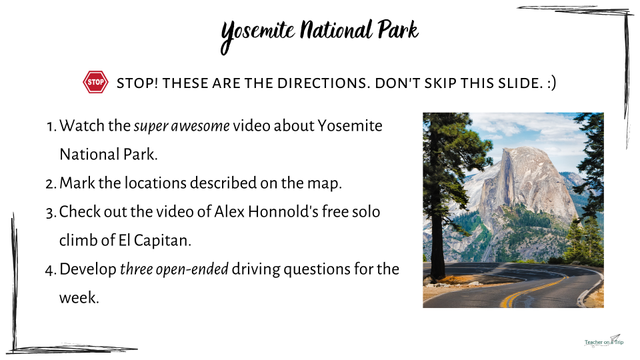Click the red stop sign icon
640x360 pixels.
click(95, 82)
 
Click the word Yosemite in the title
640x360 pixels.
click(257, 34)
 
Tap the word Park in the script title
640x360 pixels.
click(398, 30)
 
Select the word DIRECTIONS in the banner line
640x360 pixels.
click(324, 83)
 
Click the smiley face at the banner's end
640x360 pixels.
click(551, 83)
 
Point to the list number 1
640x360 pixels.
click(52, 127)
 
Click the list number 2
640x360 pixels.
click(51, 184)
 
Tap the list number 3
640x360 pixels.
click(51, 213)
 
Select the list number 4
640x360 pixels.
click(51, 270)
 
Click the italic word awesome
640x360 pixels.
click(200, 126)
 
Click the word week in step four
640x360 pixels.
click(79, 297)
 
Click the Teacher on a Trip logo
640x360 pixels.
click(604, 341)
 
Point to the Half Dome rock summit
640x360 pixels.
click(525, 149)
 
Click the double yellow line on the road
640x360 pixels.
click(531, 290)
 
